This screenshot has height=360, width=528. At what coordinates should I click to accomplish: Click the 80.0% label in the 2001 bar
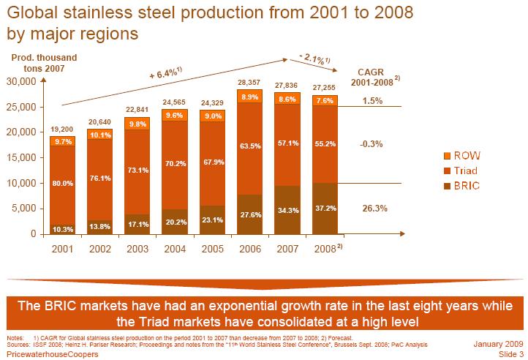[63, 184]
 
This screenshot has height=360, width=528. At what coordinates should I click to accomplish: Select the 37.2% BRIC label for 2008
[325, 209]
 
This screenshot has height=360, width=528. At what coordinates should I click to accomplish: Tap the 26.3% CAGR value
[375, 209]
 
